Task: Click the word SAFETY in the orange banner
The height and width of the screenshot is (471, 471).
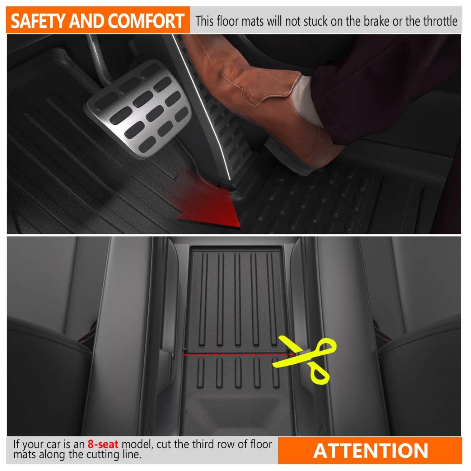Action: pos(38,21)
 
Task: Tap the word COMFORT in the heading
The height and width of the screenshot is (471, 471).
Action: pos(146,21)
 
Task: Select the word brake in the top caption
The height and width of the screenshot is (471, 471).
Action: pos(377,21)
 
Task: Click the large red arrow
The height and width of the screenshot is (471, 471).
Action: pos(203,198)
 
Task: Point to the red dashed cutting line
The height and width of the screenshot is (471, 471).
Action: pos(238,354)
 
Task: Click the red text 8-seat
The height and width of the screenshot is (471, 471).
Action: pos(103,444)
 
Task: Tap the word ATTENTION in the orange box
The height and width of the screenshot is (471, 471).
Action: pos(370,450)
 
